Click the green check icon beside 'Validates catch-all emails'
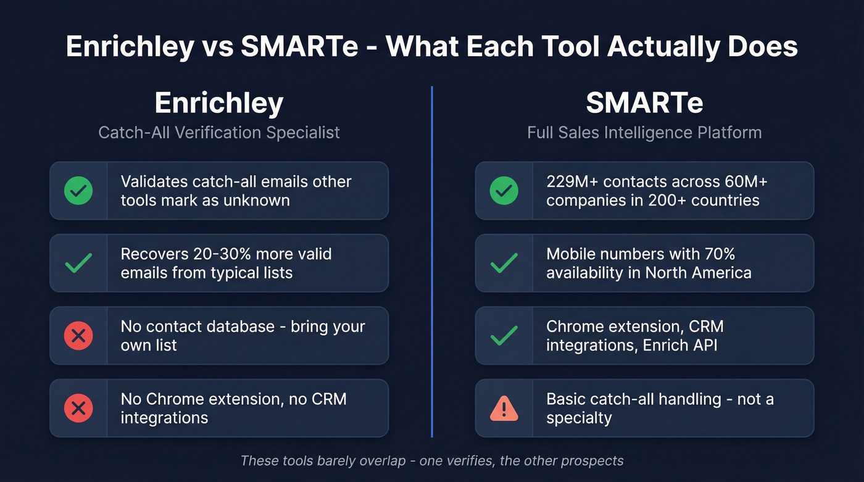coord(78,191)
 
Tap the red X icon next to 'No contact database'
coord(78,336)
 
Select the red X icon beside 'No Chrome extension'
coord(78,408)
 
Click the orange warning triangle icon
coord(504,408)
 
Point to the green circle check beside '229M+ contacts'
coord(504,191)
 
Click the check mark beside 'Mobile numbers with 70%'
coord(504,264)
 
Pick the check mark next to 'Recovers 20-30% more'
coord(78,264)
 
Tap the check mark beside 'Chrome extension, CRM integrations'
coord(504,336)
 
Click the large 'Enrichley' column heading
coord(219,103)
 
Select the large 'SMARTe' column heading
coord(644,103)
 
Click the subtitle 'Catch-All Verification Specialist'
coord(219,132)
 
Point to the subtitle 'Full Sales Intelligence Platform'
coord(644,132)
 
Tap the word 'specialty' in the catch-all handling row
coord(579,418)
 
